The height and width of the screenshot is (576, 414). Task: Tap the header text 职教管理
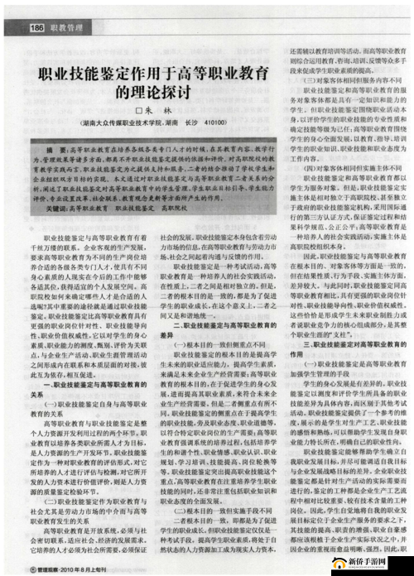click(x=68, y=28)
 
